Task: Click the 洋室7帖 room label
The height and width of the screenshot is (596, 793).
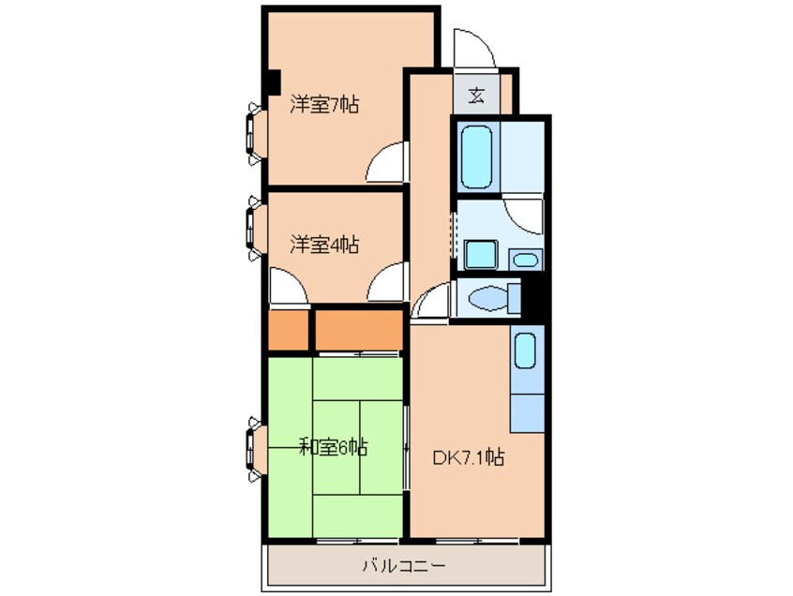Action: (x=323, y=105)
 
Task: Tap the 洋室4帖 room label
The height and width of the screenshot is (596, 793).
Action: (x=323, y=246)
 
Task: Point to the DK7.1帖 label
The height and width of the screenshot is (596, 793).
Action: (x=470, y=458)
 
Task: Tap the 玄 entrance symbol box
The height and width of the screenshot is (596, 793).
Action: (x=476, y=94)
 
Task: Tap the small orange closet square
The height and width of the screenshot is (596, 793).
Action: (x=287, y=330)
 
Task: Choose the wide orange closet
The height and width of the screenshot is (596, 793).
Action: (x=358, y=330)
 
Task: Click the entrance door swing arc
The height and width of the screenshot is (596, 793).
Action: (x=468, y=47)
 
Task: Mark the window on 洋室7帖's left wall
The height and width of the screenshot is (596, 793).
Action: (x=255, y=130)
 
